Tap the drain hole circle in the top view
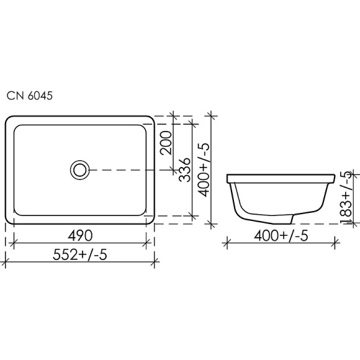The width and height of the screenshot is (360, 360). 79,169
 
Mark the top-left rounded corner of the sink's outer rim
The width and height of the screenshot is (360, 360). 9,119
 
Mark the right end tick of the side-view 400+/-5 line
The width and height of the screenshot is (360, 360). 336,243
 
